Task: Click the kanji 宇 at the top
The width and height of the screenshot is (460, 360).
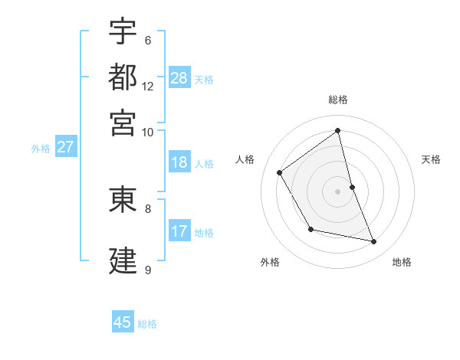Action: click(x=123, y=31)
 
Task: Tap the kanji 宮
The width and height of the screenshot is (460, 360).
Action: click(x=123, y=123)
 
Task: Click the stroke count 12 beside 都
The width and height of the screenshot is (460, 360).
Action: click(x=148, y=87)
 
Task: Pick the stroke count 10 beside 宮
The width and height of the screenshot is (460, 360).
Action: click(x=148, y=132)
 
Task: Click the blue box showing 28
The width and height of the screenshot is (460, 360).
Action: click(x=179, y=78)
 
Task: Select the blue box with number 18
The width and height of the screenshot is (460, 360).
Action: click(x=179, y=162)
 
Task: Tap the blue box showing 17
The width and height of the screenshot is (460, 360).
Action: click(x=179, y=231)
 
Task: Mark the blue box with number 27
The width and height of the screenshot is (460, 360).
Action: click(x=65, y=147)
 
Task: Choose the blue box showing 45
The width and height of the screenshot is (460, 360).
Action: click(x=123, y=322)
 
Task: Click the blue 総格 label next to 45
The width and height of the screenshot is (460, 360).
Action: click(x=147, y=324)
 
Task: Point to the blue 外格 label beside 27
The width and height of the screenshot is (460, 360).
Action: click(x=41, y=149)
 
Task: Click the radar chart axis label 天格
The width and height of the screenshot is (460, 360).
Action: click(x=431, y=159)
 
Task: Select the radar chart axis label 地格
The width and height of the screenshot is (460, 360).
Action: click(x=402, y=263)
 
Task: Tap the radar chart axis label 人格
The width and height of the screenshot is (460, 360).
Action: click(x=245, y=159)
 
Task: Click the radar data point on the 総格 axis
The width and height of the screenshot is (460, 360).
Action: click(x=338, y=131)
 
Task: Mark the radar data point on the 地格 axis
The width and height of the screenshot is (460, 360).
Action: click(x=374, y=242)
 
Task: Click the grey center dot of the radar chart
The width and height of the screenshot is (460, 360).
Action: click(x=338, y=191)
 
